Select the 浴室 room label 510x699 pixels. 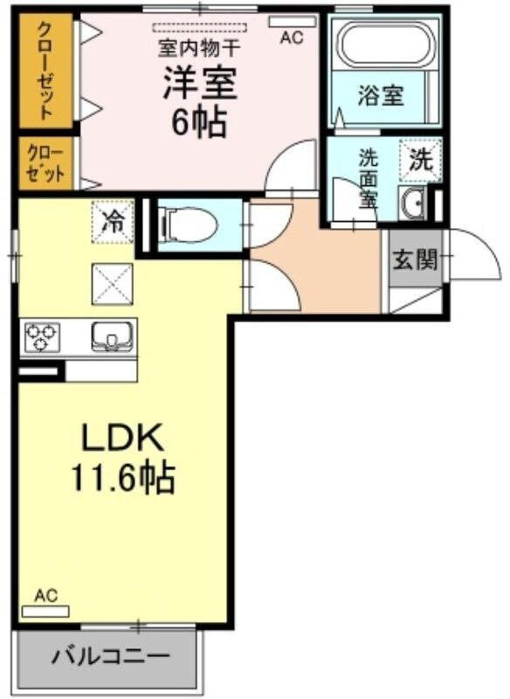(381, 95)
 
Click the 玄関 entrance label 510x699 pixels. (414, 260)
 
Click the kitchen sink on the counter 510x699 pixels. (111, 336)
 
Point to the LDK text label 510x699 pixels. (123, 437)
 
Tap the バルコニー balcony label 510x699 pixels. (109, 655)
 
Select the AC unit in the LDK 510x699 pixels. (45, 610)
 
